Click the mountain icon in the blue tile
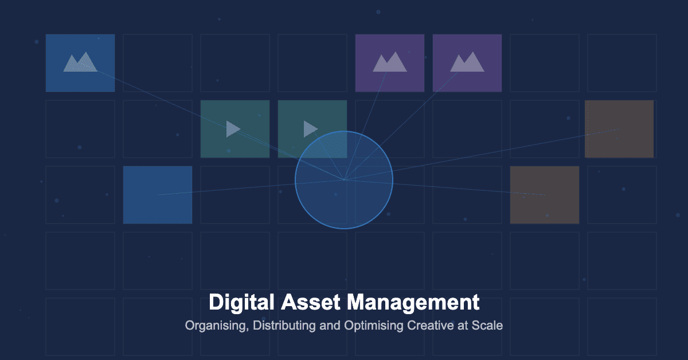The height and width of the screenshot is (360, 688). click(80, 62)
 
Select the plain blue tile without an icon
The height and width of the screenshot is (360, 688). click(157, 195)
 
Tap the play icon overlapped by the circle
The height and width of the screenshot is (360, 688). click(310, 129)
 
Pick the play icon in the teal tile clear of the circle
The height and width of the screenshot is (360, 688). click(233, 129)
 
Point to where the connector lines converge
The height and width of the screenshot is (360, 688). click(344, 179)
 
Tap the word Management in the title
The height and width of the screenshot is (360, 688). click(413, 302)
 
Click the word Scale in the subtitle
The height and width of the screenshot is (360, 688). click(487, 326)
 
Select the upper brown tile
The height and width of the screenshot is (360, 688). click(619, 129)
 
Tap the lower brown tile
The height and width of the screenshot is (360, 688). click(544, 195)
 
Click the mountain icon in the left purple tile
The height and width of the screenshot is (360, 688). click(389, 62)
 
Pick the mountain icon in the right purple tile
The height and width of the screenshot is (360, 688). click(467, 62)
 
